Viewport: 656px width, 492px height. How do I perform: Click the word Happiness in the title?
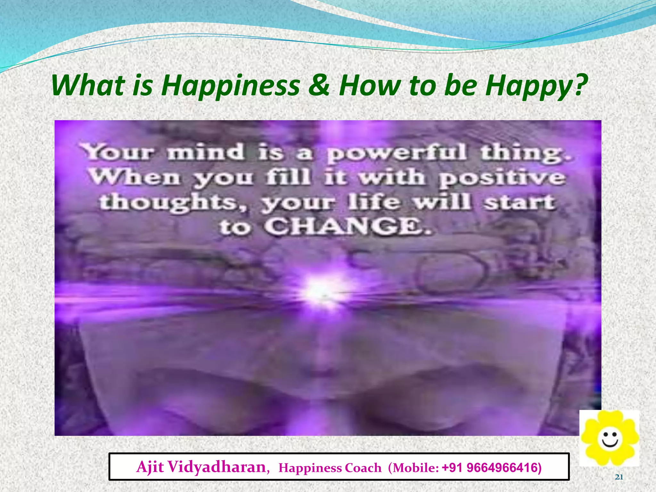pos(230,86)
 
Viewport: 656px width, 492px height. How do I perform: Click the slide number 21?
pos(619,477)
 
